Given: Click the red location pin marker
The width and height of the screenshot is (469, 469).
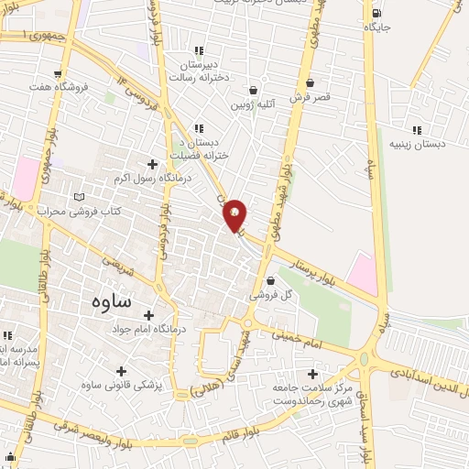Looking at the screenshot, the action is point(234,216).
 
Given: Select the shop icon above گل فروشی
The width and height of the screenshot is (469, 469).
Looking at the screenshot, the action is point(269,281).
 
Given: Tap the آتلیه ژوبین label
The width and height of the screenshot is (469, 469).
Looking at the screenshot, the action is point(253,105).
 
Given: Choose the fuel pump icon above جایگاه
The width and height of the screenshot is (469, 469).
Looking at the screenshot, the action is point(377,13).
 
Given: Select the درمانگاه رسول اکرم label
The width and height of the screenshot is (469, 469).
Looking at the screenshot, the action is point(152,178).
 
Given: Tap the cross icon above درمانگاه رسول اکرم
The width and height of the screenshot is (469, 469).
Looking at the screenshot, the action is point(152,164).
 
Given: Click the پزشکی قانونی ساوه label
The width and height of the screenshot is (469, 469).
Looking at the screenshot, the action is point(122,386).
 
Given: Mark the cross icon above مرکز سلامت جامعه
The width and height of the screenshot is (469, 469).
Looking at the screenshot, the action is point(313,374).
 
